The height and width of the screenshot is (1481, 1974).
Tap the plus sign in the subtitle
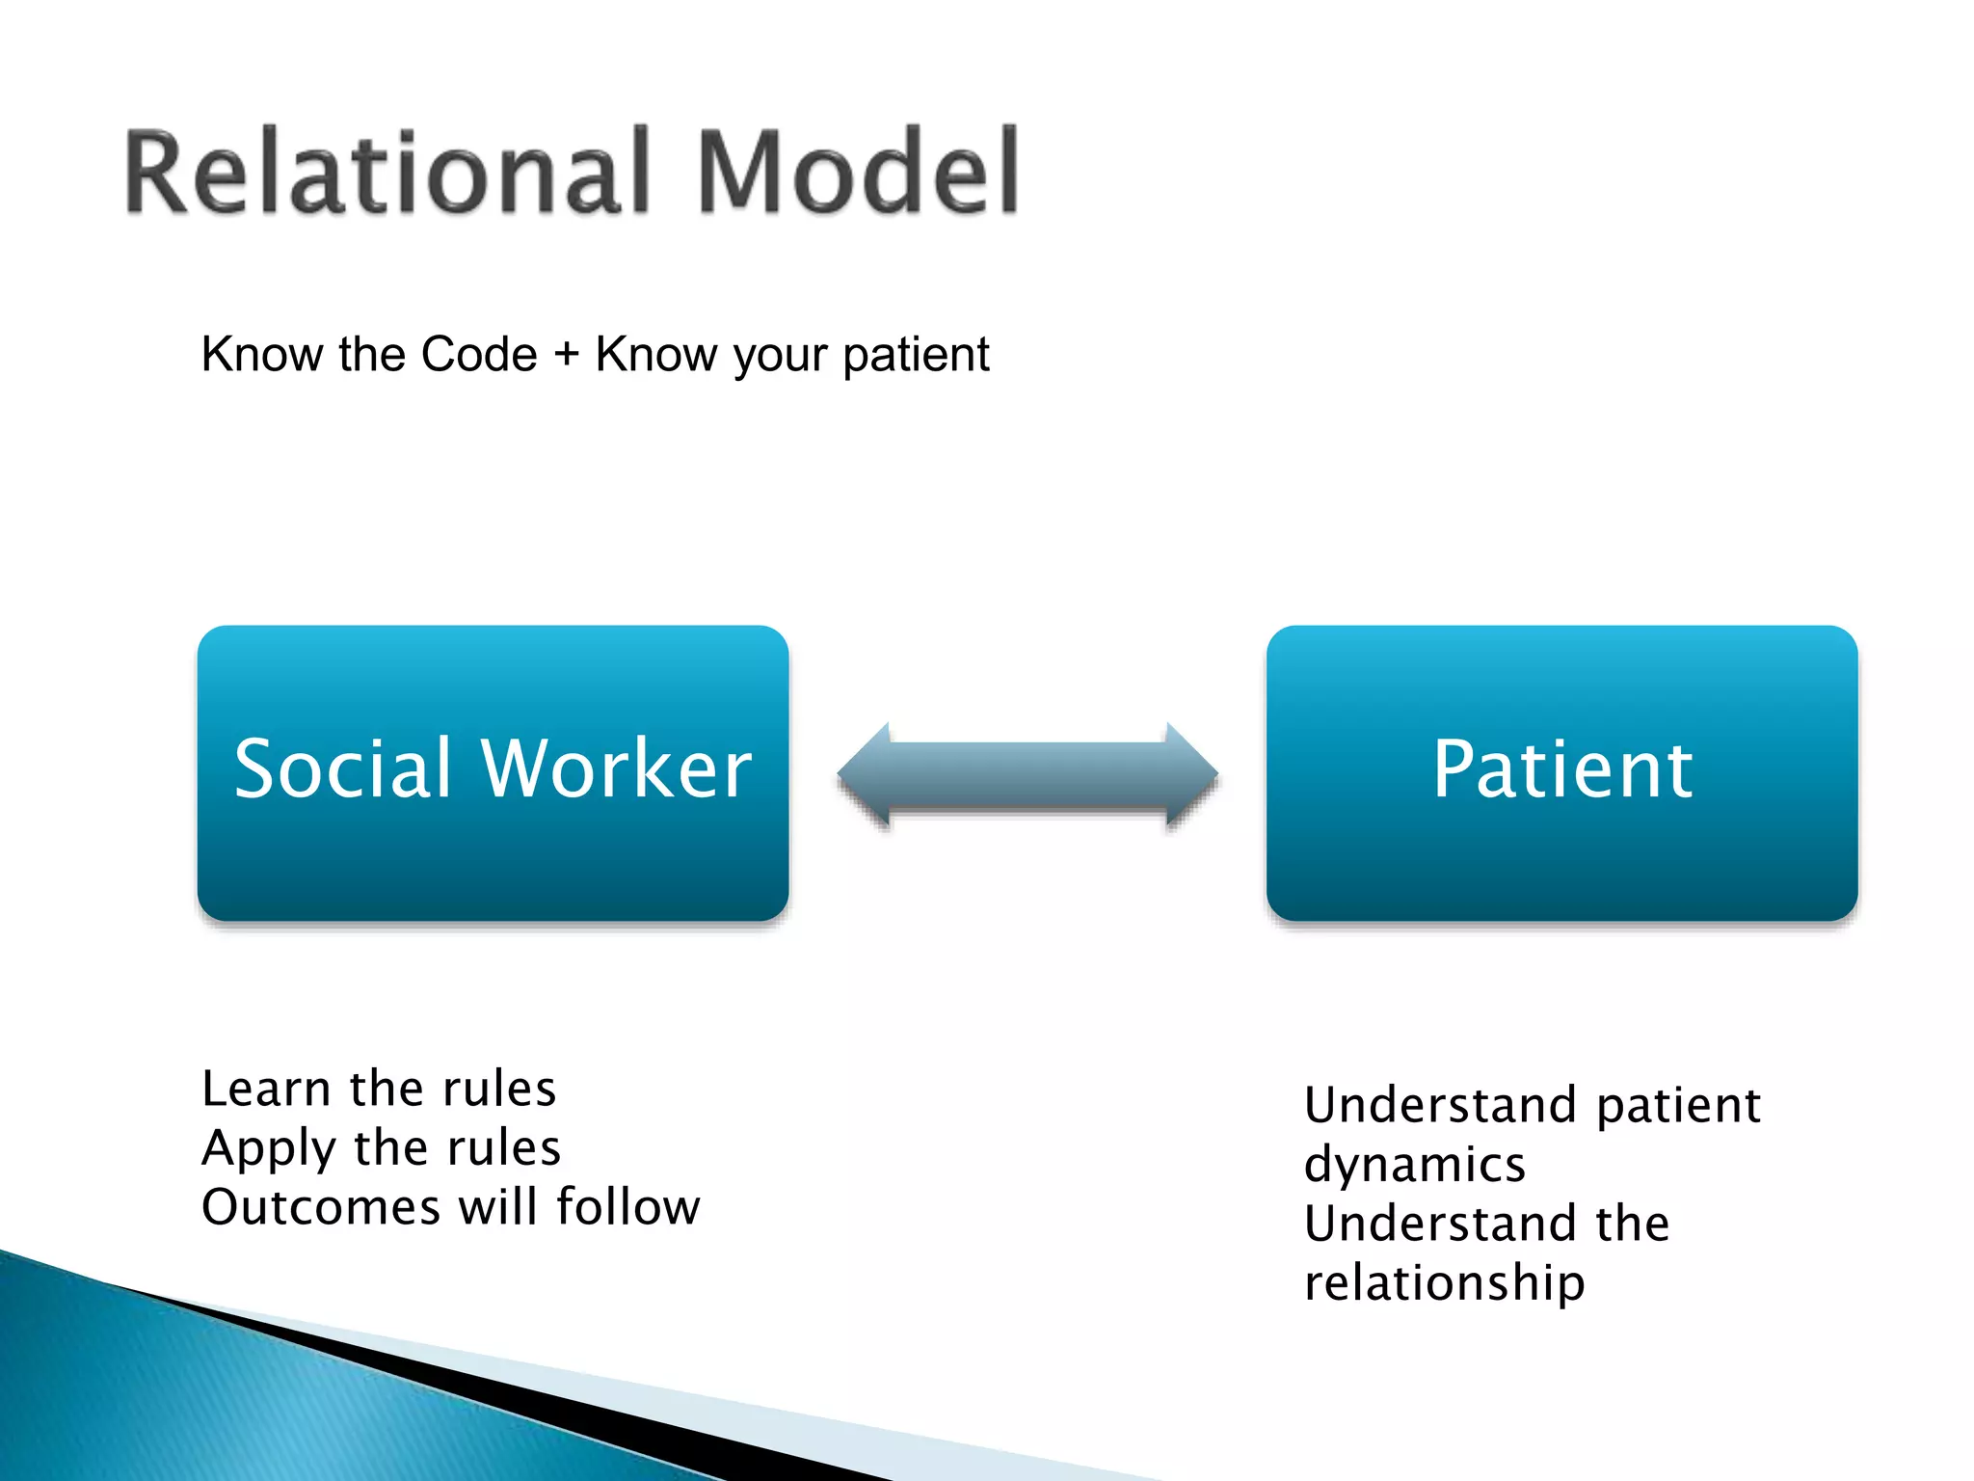click(x=567, y=353)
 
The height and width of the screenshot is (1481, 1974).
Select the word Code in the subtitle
click(x=479, y=354)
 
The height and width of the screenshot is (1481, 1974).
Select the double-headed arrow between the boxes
click(x=1027, y=775)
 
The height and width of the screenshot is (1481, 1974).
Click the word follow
click(x=627, y=1207)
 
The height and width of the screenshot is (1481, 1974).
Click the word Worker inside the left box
click(x=617, y=768)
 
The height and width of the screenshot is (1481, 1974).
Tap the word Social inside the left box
click(x=343, y=768)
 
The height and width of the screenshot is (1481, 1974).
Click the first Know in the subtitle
click(x=262, y=354)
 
